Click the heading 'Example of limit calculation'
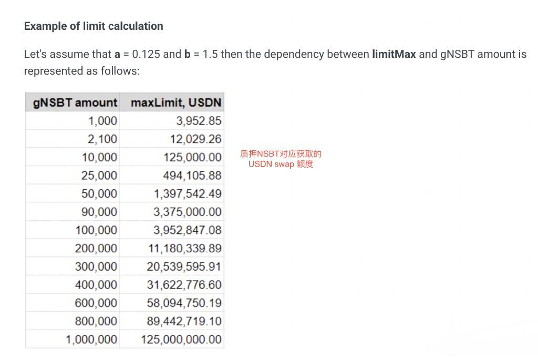[x=94, y=26]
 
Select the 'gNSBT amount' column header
[x=75, y=102]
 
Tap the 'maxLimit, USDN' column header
[x=176, y=102]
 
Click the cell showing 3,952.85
[x=199, y=121]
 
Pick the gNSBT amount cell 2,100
[x=102, y=139]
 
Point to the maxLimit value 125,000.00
[x=192, y=157]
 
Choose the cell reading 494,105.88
[x=192, y=176]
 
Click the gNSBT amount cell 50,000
[x=99, y=193]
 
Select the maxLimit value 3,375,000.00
[x=188, y=212]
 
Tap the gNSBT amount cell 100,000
[x=96, y=230]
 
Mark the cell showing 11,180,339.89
[x=185, y=248]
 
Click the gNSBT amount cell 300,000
[x=96, y=266]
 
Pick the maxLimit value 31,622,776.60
[x=184, y=285]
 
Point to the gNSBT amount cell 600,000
[x=96, y=303]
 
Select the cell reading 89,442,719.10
[x=184, y=321]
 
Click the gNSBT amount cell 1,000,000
[x=91, y=340]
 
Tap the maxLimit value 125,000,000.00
[x=181, y=340]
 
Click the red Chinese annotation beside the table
[x=281, y=159]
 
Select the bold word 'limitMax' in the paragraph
[x=394, y=54]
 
